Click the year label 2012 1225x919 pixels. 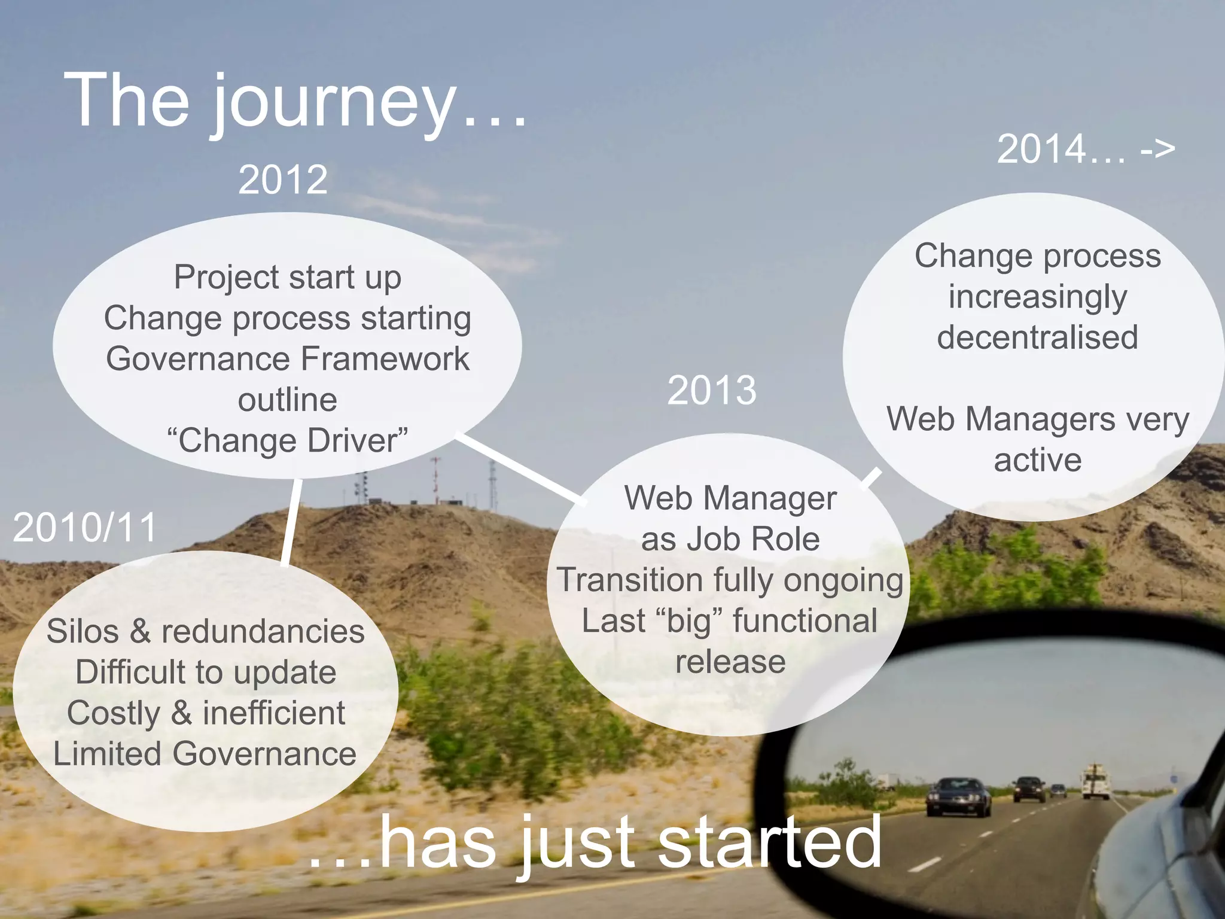point(283,179)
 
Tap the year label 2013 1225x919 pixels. point(712,390)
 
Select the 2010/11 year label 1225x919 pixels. point(84,528)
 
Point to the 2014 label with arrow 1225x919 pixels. point(1086,149)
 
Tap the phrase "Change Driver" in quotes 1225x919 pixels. point(288,441)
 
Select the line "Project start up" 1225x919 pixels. point(288,278)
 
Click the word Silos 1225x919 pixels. point(83,632)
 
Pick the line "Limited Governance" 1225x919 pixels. point(205,754)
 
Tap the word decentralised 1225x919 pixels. point(1037,337)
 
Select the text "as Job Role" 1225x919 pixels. point(730,539)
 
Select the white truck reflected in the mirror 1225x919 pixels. point(1096,781)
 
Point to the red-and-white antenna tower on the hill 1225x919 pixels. point(435,479)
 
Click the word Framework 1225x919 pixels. point(385,359)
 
